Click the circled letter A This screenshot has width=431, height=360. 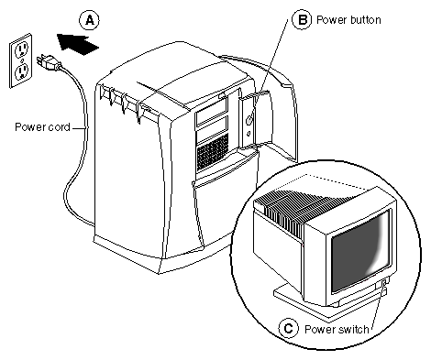(x=89, y=20)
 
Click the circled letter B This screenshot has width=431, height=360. (x=302, y=19)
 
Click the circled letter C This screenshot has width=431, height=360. (x=288, y=329)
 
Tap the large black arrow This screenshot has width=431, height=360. (x=78, y=44)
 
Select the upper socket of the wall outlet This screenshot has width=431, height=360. (x=21, y=49)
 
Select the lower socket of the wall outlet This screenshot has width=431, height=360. (x=22, y=71)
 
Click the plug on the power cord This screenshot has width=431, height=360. (x=49, y=62)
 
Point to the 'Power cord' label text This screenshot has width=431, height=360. (x=42, y=127)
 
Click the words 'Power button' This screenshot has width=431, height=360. (x=348, y=20)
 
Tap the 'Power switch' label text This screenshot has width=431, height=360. (x=337, y=330)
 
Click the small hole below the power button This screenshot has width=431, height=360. (x=249, y=134)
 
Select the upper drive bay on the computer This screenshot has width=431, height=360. (x=211, y=113)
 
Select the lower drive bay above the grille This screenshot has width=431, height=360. (x=212, y=130)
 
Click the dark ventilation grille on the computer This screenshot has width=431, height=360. (x=213, y=152)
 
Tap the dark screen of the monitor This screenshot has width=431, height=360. (x=360, y=249)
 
